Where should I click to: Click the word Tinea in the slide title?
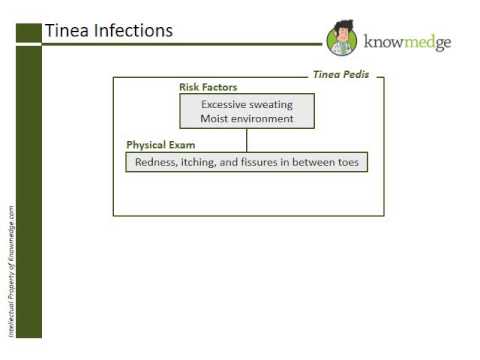pyautogui.click(x=66, y=31)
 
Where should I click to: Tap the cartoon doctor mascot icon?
pyautogui.click(x=342, y=39)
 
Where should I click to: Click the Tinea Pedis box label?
pyautogui.click(x=342, y=75)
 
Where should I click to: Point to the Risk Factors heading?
pyautogui.click(x=208, y=88)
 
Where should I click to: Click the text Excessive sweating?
pyautogui.click(x=247, y=104)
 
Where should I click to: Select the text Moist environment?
pyautogui.click(x=247, y=119)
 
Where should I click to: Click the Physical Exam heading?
pyautogui.click(x=159, y=145)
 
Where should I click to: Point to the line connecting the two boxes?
pyautogui.click(x=247, y=139)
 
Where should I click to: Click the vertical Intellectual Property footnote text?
pyautogui.click(x=10, y=269)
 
